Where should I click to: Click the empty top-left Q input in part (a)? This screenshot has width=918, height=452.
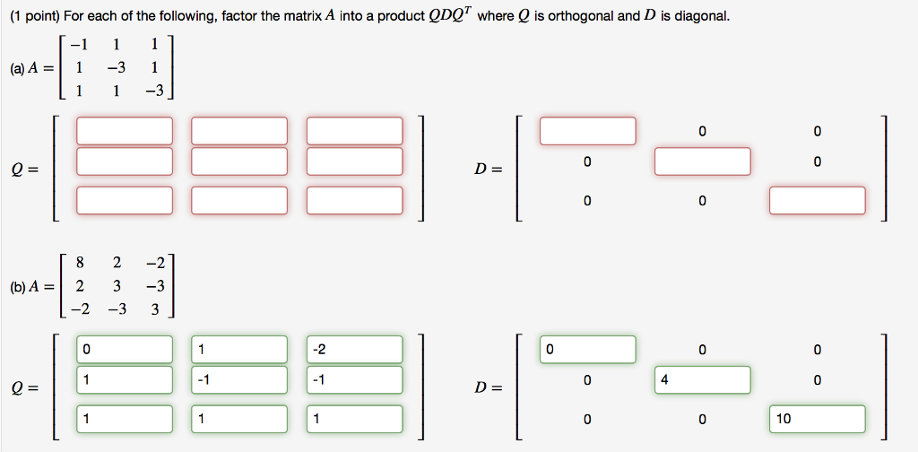pos(125,131)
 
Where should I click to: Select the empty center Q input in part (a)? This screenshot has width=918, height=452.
pos(239,161)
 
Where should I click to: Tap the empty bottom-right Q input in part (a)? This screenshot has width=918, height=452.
pos(354,200)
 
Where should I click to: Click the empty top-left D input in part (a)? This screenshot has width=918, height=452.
pos(587,131)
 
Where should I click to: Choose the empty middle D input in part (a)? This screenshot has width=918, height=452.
pos(702,161)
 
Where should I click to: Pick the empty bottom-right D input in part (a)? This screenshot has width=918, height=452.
pos(817,200)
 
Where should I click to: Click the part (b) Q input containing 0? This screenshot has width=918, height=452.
pos(125,349)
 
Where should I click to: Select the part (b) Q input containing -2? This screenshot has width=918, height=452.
pos(354,349)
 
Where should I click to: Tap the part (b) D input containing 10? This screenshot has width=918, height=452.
pos(817,419)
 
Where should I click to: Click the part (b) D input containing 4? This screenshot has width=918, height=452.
pos(702,379)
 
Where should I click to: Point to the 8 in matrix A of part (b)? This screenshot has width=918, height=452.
pos(80,263)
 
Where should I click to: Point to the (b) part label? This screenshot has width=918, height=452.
pos(17,287)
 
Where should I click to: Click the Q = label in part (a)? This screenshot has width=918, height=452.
pos(22,169)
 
